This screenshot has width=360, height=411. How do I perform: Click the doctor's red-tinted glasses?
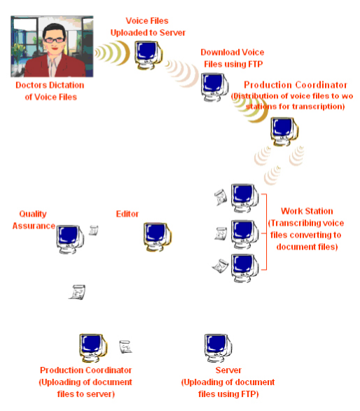pyautogui.click(x=54, y=40)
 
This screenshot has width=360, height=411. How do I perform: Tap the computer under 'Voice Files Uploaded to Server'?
pyautogui.click(x=148, y=55)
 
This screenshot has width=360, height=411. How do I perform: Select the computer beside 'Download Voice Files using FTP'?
pyautogui.click(x=214, y=88)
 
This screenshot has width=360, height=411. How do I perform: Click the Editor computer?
pyautogui.click(x=158, y=237)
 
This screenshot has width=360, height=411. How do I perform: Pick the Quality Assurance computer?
pyautogui.click(x=70, y=239)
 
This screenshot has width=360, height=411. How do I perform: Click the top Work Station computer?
pyautogui.click(x=244, y=198)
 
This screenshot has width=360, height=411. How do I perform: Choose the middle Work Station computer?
pyautogui.click(x=244, y=235)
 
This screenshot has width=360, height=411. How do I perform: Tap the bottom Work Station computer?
pyautogui.click(x=244, y=268)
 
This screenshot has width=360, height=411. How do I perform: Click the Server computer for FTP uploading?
pyautogui.click(x=218, y=348)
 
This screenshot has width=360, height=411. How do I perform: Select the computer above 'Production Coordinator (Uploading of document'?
pyautogui.click(x=93, y=348)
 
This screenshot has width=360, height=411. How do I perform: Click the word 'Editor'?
pyautogui.click(x=127, y=214)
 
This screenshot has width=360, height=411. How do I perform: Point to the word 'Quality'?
pyautogui.click(x=33, y=214)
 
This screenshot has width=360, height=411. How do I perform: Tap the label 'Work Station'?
pyautogui.click(x=307, y=211)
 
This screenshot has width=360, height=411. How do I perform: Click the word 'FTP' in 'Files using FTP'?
pyautogui.click(x=256, y=64)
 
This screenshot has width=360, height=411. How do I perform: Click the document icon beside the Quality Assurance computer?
pyautogui.click(x=94, y=230)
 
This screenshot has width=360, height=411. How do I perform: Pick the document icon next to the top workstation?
pyautogui.click(x=221, y=197)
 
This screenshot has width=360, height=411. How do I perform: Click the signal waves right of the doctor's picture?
pyautogui.click(x=112, y=53)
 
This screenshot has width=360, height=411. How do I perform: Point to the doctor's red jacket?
pyautogui.click(x=55, y=66)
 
